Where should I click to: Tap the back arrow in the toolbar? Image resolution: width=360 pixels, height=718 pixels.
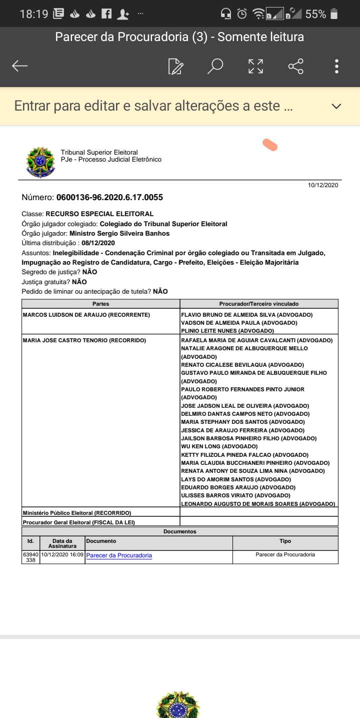click(20, 66)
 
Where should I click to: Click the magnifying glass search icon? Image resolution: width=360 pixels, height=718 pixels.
click(215, 66)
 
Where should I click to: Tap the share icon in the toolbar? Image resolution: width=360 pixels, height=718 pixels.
click(296, 66)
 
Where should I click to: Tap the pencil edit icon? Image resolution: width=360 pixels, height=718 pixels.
click(175, 66)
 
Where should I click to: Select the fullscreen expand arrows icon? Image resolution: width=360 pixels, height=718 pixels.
click(255, 66)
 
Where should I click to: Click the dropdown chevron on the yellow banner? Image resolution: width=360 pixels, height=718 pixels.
click(336, 106)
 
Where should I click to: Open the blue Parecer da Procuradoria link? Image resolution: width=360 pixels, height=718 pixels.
click(119, 555)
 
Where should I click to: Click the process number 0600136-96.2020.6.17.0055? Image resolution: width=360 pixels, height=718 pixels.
click(109, 197)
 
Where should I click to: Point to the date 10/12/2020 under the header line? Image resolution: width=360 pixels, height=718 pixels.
click(323, 186)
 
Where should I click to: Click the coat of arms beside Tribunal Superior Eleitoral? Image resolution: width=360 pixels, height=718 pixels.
click(40, 161)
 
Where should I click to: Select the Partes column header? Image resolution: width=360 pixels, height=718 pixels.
click(100, 304)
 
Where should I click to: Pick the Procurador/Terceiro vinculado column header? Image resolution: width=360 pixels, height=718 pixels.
click(259, 304)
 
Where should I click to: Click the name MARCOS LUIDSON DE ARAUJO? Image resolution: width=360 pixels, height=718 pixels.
click(65, 315)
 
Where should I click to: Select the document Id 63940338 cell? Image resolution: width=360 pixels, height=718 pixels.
click(30, 557)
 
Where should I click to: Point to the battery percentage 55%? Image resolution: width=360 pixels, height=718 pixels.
click(315, 14)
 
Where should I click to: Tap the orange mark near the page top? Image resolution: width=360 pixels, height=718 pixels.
click(270, 145)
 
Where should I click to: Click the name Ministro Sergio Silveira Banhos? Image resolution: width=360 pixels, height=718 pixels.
click(119, 234)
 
